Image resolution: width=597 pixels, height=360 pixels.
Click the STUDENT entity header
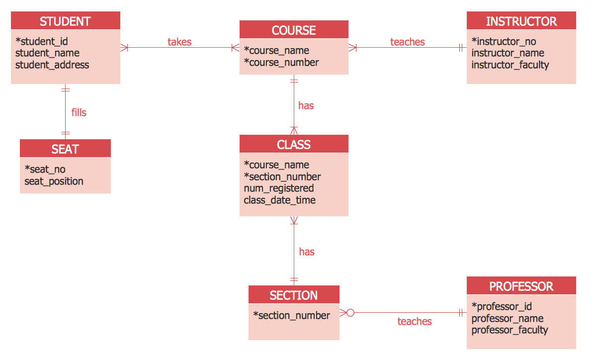(x=65, y=21)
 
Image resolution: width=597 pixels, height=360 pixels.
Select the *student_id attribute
(x=42, y=41)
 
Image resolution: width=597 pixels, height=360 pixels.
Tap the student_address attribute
(x=52, y=65)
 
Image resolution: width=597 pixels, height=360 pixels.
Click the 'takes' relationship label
(x=179, y=42)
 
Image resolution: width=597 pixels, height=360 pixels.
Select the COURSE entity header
(x=294, y=30)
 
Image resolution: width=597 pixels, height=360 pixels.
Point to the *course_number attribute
(x=281, y=62)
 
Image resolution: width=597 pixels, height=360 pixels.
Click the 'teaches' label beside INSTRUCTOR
(x=408, y=42)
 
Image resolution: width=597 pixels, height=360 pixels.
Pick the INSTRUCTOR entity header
(x=521, y=21)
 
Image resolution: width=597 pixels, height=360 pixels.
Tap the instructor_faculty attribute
(x=510, y=65)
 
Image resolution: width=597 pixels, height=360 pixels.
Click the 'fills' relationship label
(x=79, y=112)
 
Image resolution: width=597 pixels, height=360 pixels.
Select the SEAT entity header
(x=65, y=149)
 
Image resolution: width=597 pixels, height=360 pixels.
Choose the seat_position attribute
(x=54, y=181)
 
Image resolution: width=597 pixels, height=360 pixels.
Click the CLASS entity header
(x=294, y=145)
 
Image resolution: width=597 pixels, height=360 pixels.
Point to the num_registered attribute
(x=279, y=188)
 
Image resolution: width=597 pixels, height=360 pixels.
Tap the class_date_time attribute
(x=279, y=200)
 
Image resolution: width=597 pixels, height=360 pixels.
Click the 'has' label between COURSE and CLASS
(x=306, y=105)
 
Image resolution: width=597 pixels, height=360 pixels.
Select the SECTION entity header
(x=294, y=295)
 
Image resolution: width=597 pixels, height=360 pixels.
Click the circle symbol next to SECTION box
(x=350, y=313)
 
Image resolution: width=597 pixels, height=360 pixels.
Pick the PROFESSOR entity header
(x=521, y=286)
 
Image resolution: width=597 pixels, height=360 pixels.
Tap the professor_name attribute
(x=507, y=318)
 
